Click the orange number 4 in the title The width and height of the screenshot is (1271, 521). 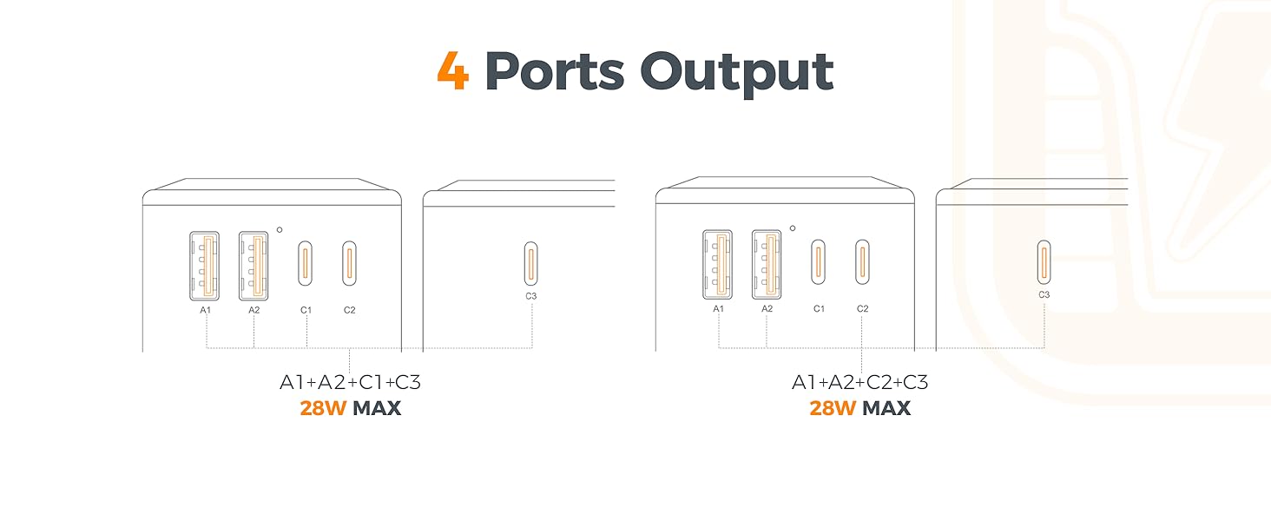point(453,71)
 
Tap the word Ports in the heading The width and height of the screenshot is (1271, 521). point(554,71)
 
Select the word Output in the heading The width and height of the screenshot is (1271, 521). point(737,73)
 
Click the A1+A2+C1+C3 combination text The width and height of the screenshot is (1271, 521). point(350,383)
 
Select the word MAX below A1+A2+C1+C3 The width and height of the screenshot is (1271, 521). point(377,408)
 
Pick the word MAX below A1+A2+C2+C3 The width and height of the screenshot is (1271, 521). point(886,408)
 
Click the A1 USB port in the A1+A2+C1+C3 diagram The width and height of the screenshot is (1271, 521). point(205,264)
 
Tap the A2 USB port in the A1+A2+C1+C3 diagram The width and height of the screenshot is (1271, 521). point(254,264)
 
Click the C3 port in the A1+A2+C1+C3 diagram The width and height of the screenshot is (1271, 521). point(531,263)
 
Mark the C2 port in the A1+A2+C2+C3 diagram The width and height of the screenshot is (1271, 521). point(862,262)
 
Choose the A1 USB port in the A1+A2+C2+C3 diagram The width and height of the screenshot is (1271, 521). point(718,263)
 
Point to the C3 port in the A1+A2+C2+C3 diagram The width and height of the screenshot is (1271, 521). point(1044,262)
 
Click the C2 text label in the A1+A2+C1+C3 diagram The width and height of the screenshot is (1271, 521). point(349,310)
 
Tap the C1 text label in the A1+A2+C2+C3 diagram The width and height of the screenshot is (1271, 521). point(819,309)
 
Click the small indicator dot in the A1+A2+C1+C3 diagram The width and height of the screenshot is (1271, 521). point(280,230)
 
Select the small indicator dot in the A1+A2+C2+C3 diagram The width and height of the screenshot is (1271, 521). point(793,229)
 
